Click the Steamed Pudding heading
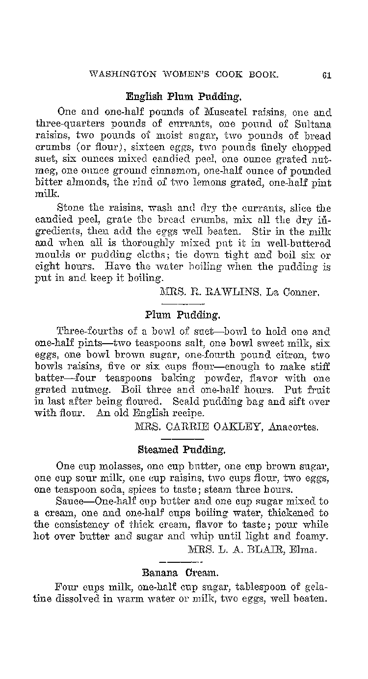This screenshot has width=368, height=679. (182, 449)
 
